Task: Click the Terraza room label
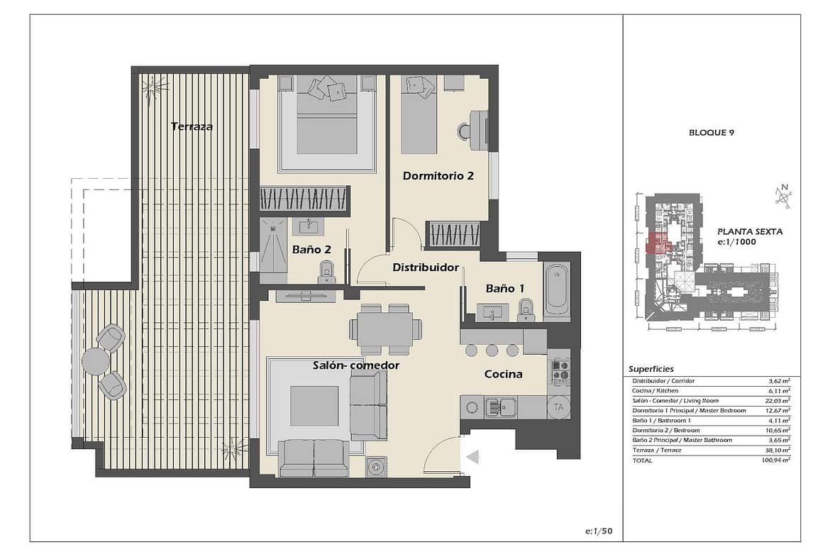pyautogui.click(x=192, y=126)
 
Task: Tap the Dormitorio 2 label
pyautogui.click(x=438, y=176)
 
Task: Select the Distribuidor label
pyautogui.click(x=426, y=268)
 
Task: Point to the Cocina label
pyautogui.click(x=504, y=374)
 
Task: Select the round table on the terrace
pyautogui.click(x=96, y=361)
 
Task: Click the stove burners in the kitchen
pyautogui.click(x=560, y=370)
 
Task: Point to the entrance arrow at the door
pyautogui.click(x=472, y=456)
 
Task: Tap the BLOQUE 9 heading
pyautogui.click(x=712, y=133)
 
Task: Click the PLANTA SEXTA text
pyautogui.click(x=750, y=231)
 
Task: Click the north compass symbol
pyautogui.click(x=783, y=197)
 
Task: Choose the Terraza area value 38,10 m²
pyautogui.click(x=778, y=450)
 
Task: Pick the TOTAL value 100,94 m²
pyautogui.click(x=777, y=460)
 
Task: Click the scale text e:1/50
pyautogui.click(x=599, y=531)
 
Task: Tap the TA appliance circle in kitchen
pyautogui.click(x=558, y=407)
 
